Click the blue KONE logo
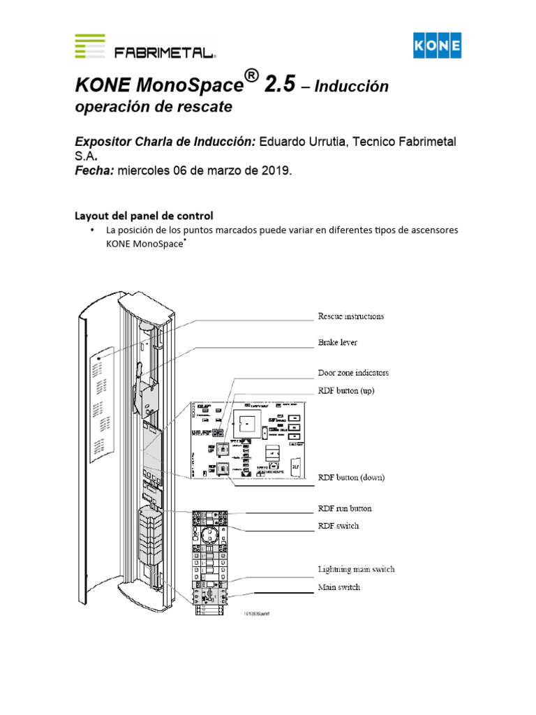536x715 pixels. click(x=438, y=47)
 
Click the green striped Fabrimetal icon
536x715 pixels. click(x=90, y=46)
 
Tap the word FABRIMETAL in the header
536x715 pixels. click(x=165, y=52)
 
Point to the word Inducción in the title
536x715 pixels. click(x=350, y=87)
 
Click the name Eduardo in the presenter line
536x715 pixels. click(x=284, y=142)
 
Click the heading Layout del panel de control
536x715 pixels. click(x=144, y=215)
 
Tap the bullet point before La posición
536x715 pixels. click(x=91, y=230)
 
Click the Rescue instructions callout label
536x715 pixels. click(x=350, y=316)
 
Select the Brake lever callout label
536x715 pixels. click(x=338, y=344)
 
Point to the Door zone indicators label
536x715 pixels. click(x=354, y=373)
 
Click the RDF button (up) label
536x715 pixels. click(x=346, y=391)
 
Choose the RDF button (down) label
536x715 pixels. click(x=351, y=478)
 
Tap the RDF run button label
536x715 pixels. click(x=345, y=509)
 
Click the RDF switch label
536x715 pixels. click(x=338, y=526)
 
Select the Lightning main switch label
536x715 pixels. click(x=356, y=569)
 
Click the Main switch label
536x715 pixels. click(x=339, y=588)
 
